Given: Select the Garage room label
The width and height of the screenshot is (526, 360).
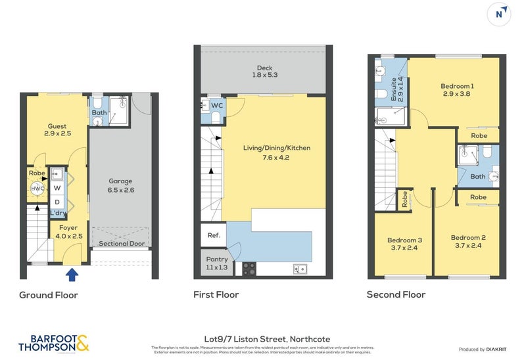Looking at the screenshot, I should tap(120, 185).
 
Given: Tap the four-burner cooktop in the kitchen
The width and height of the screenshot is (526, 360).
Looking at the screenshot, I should tap(250, 269).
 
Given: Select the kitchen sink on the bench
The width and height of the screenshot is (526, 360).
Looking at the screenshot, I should tap(299, 268).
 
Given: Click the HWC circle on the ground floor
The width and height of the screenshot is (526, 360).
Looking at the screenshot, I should tap(37, 189).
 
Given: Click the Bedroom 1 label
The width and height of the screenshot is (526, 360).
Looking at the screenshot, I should tap(456, 90).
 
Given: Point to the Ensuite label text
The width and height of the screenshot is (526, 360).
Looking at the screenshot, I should tap(394, 88).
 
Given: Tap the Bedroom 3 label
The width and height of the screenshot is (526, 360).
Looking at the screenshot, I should tap(404, 244).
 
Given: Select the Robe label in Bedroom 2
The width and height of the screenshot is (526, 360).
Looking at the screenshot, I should tap(478, 197).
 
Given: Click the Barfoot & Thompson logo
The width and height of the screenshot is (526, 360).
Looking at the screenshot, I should tap(54, 342).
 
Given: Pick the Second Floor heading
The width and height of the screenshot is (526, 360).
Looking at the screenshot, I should tap(396, 295).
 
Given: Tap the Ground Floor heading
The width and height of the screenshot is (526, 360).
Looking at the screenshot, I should tap(49, 295).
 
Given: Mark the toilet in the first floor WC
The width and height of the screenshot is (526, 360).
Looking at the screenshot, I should tap(215, 117).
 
